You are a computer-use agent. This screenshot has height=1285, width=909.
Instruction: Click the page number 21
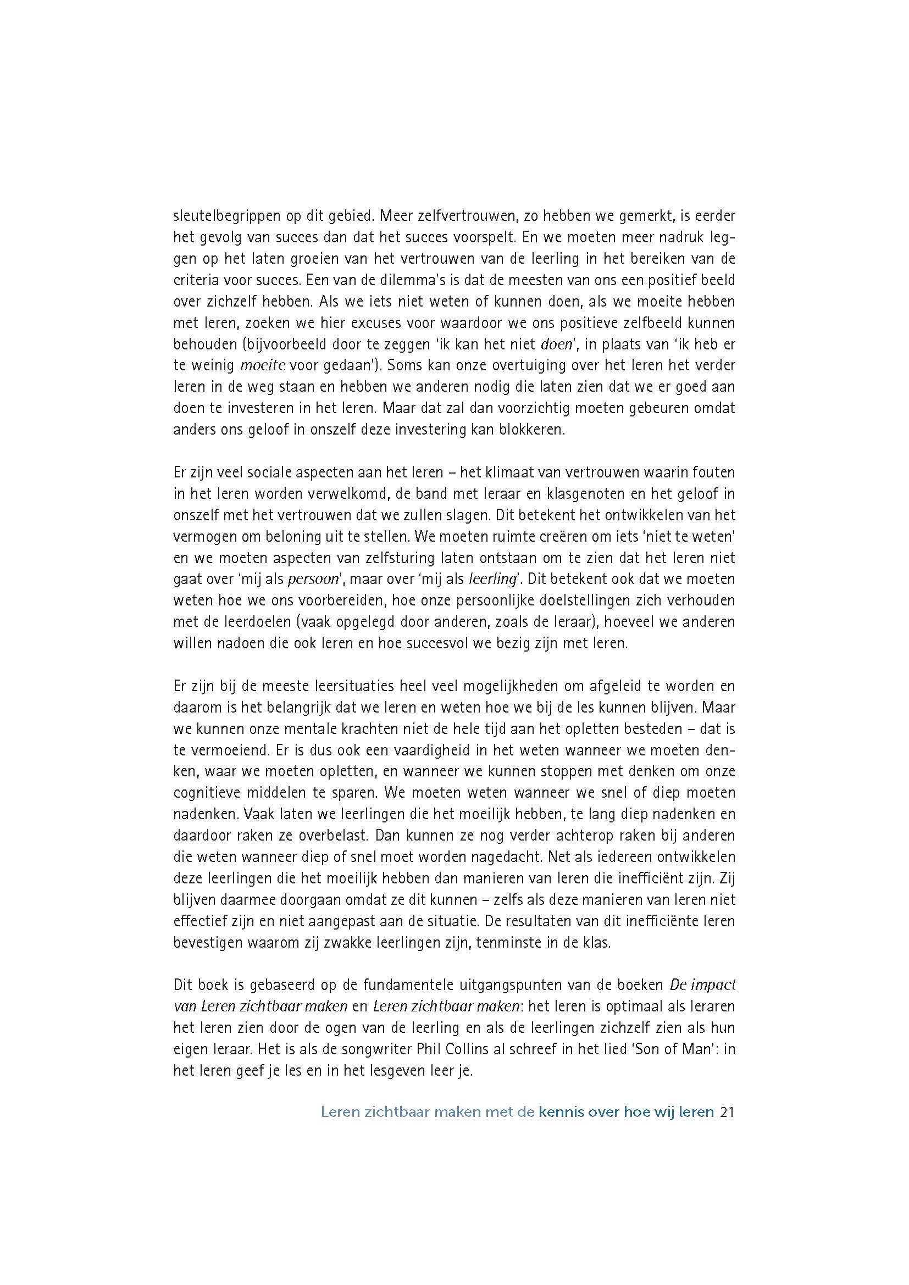click(727, 1111)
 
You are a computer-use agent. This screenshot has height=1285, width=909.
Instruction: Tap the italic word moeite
click(263, 366)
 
